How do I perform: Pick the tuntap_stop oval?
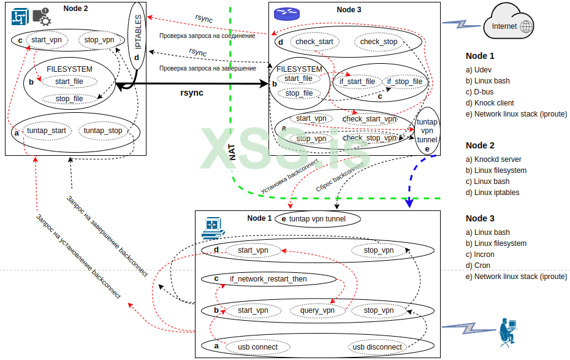click(x=103, y=131)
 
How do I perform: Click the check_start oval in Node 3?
click(x=314, y=42)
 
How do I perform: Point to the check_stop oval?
click(x=378, y=42)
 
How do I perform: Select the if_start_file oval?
click(x=357, y=82)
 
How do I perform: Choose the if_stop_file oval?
click(x=405, y=82)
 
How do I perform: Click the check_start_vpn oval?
click(x=370, y=119)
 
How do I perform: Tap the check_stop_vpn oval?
click(x=370, y=139)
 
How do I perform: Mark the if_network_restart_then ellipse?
click(x=268, y=279)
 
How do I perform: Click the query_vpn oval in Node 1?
click(x=317, y=310)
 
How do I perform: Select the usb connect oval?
click(x=257, y=347)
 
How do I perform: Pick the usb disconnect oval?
click(x=377, y=347)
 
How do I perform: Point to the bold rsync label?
click(x=191, y=93)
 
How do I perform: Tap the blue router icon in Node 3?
click(x=283, y=12)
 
